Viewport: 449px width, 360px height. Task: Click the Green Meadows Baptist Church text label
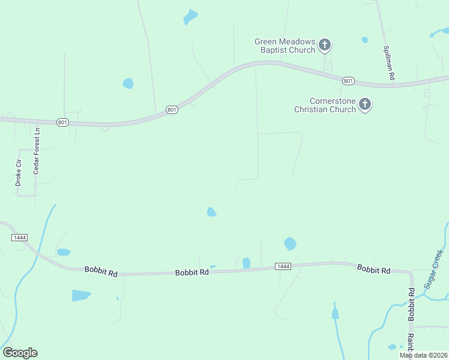[285, 46]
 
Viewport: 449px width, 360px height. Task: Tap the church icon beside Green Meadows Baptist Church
[325, 44]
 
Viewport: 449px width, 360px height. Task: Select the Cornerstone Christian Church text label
[325, 105]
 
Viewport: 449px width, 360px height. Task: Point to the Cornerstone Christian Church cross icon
[365, 105]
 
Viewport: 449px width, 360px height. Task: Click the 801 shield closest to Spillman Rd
[348, 80]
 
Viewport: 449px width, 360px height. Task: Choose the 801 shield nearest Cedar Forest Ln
[63, 122]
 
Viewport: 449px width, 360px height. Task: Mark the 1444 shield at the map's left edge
[19, 238]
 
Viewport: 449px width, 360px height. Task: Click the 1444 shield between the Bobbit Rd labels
[283, 266]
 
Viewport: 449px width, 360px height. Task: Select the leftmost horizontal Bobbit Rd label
[101, 272]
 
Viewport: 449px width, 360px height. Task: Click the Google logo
[20, 352]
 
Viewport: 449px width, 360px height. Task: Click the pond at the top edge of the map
[190, 17]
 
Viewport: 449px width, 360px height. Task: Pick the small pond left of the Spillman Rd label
[364, 40]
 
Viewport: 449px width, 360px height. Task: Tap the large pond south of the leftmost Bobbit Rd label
[81, 295]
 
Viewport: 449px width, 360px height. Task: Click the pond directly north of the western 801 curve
[128, 83]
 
